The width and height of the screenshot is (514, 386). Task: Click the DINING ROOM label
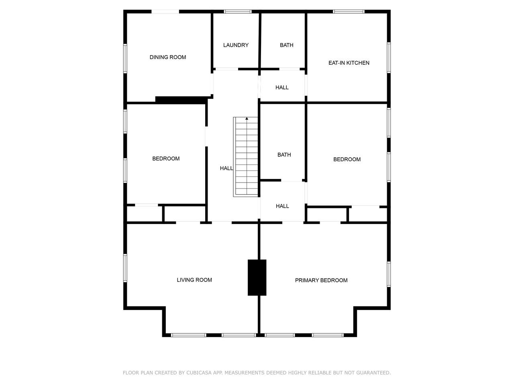tap(168, 57)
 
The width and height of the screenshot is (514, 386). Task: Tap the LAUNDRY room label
tap(236, 45)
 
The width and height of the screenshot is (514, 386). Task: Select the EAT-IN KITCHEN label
tap(349, 63)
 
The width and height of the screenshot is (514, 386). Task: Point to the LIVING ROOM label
tap(194, 280)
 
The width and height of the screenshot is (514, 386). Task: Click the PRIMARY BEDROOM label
tap(321, 280)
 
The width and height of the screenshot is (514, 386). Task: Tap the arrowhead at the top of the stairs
tap(247, 119)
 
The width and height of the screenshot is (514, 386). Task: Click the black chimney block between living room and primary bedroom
tap(257, 277)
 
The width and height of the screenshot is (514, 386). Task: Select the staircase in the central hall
tap(246, 157)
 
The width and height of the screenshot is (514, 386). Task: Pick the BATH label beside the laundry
tap(286, 45)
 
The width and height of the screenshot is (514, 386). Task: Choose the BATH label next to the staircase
tap(284, 155)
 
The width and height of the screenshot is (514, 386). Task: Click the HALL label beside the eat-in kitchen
tap(282, 87)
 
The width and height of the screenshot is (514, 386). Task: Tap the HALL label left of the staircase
tap(226, 168)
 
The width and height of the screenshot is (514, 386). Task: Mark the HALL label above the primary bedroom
tap(282, 206)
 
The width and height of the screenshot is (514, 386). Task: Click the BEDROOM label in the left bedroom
tap(166, 159)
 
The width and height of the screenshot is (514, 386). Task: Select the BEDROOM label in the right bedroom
tap(347, 159)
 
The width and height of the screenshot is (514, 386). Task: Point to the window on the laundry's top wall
tap(237, 12)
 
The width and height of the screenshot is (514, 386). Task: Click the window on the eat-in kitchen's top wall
tap(349, 12)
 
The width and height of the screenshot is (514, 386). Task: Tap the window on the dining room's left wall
tap(125, 58)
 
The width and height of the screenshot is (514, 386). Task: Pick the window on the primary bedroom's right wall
tap(389, 274)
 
